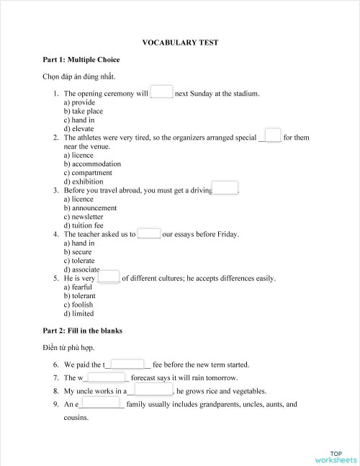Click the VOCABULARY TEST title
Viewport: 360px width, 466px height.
(180, 42)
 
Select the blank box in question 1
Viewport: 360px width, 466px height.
(162, 92)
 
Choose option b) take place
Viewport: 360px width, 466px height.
(83, 111)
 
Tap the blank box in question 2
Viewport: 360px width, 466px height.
(272, 135)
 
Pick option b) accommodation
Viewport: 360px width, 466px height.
(92, 163)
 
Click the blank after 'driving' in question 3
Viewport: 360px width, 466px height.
(225, 189)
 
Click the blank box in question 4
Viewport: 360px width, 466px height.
(149, 233)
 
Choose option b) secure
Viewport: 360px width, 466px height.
(77, 252)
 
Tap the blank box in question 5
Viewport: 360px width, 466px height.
(109, 277)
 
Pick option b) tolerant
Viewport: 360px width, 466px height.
(79, 296)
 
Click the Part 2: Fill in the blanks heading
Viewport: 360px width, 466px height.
(82, 331)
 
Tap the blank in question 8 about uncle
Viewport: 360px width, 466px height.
(152, 390)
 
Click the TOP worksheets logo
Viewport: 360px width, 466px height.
(336, 455)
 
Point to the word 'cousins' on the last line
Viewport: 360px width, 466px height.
(76, 418)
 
